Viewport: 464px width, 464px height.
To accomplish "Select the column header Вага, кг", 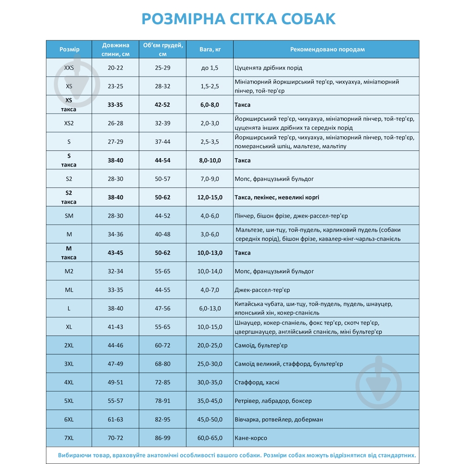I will click(210, 49).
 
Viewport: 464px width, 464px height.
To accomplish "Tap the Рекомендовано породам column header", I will click(327, 49).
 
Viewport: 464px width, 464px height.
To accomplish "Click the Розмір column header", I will click(69, 49).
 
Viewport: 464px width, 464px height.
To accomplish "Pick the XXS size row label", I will click(69, 68).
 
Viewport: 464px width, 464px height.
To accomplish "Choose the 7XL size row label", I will click(69, 438).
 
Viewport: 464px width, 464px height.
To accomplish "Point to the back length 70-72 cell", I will click(116, 438).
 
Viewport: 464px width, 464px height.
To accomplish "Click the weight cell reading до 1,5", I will click(210, 68).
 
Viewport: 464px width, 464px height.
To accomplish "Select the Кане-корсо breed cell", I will click(251, 438).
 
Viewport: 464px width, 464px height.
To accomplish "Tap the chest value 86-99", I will click(162, 438).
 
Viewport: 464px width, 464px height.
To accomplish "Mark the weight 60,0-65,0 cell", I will click(210, 438).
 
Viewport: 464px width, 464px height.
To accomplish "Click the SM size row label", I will click(69, 216).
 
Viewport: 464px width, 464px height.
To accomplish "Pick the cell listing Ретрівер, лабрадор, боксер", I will click(273, 401).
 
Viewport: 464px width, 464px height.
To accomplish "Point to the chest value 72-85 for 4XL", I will click(162, 382).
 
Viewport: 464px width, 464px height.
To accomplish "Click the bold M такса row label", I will click(69, 253).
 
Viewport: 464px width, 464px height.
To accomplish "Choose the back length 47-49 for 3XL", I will click(116, 364).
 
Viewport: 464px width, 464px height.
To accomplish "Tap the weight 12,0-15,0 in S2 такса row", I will click(210, 197).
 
